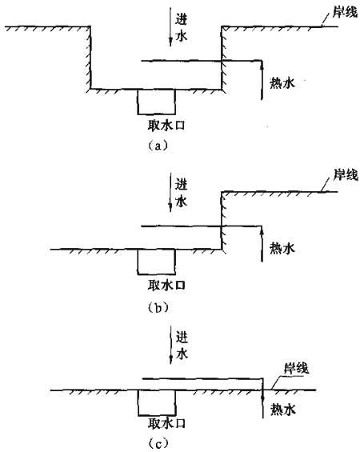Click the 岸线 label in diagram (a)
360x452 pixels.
(345, 11)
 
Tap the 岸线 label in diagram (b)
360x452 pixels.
(346, 175)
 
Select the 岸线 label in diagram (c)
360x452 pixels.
(296, 369)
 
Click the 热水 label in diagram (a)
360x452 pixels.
(282, 83)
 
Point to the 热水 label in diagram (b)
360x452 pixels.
(282, 248)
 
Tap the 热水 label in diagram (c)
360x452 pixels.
(283, 410)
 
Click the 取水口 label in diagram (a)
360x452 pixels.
(166, 126)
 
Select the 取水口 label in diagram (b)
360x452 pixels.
(166, 286)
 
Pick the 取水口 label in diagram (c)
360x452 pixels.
(166, 423)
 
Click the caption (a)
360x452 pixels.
(158, 146)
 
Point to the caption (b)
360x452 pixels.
(158, 308)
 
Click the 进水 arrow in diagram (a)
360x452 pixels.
(170, 27)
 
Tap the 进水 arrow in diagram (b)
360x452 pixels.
(170, 193)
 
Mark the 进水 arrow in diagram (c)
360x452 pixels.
(170, 345)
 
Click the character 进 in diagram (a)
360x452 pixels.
(182, 19)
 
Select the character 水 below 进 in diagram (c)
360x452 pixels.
(182, 353)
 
